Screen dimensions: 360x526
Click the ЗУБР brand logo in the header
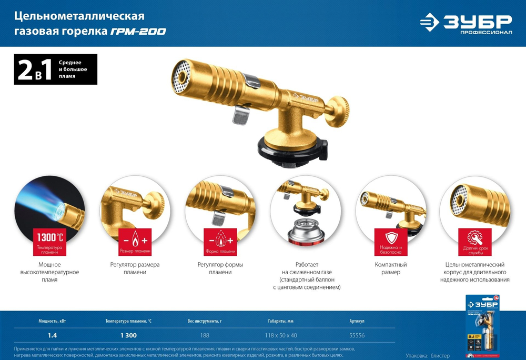[x=466, y=23]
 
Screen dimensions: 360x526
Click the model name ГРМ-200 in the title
[x=138, y=32]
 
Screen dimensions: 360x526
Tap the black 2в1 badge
[x=55, y=69]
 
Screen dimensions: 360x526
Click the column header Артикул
[x=357, y=321]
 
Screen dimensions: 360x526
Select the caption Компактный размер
[x=391, y=268]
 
